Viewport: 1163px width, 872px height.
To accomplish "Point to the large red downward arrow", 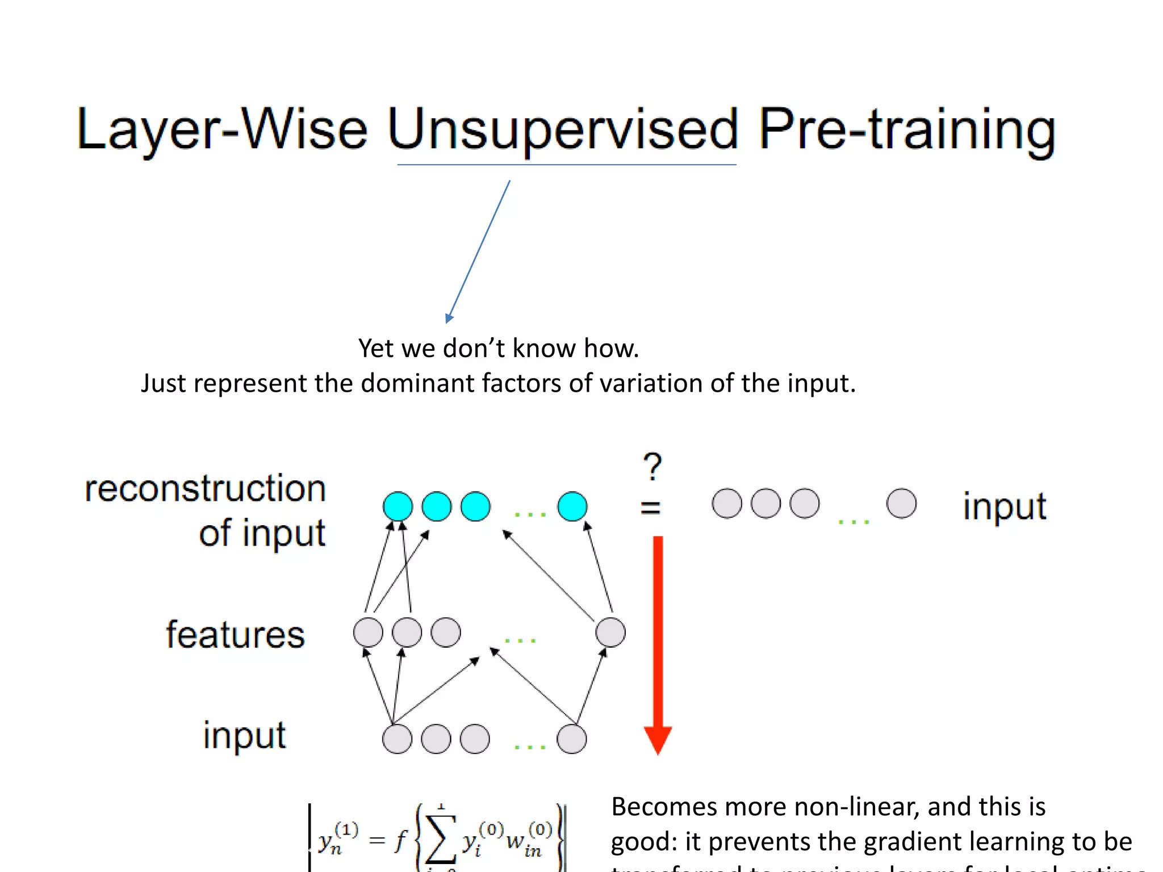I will (x=658, y=642).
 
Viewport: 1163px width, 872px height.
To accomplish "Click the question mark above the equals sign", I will (x=652, y=467).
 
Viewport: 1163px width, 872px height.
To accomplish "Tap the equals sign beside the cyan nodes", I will (x=651, y=507).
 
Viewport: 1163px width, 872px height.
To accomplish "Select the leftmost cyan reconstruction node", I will (x=398, y=506).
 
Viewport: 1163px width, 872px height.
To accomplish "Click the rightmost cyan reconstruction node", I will (x=572, y=506).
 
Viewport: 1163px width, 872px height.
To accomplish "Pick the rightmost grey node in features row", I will (x=610, y=632).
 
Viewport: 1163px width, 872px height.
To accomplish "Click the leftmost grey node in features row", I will (x=368, y=632).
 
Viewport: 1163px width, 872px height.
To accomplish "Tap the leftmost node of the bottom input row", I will (x=397, y=739).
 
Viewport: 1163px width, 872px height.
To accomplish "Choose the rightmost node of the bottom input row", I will (x=571, y=739).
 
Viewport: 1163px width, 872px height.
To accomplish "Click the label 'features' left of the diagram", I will (x=235, y=634).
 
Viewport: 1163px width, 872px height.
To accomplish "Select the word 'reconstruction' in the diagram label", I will (x=205, y=488).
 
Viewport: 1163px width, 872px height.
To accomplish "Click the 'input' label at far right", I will (x=1004, y=506).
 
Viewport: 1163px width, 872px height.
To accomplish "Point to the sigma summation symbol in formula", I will (x=441, y=839).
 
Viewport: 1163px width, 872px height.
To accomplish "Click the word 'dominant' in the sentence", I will (x=417, y=383).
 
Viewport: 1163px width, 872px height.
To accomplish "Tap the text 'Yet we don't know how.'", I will (x=498, y=348).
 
